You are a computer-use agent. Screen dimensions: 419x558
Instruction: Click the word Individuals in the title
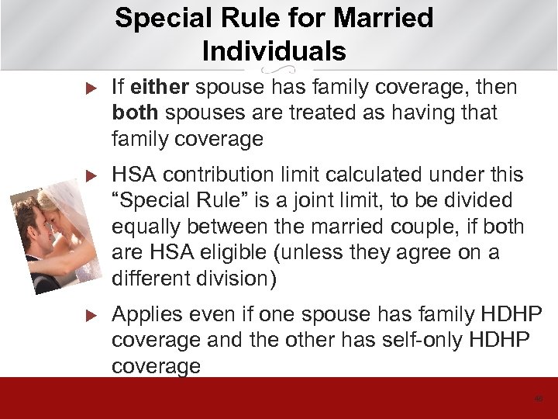274,50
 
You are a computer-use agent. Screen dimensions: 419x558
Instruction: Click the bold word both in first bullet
136,113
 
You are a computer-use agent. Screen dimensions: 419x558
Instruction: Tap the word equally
148,227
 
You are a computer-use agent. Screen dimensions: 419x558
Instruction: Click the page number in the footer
539,398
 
